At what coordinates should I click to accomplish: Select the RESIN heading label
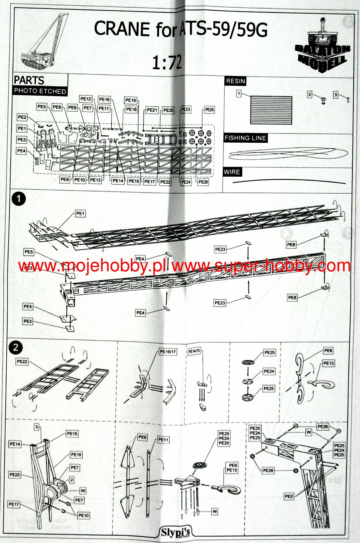click(x=235, y=81)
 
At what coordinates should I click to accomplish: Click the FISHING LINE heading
click(x=245, y=138)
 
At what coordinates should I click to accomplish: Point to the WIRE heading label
click(x=232, y=172)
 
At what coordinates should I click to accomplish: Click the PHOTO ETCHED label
click(x=40, y=91)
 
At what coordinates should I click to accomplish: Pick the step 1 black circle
click(x=19, y=199)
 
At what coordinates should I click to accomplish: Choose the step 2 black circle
click(x=16, y=348)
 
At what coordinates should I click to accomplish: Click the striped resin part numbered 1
click(x=271, y=110)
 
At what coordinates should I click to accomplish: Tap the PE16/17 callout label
click(x=168, y=352)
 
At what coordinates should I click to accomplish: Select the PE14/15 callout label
click(x=194, y=351)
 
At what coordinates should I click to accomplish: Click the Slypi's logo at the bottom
click(x=176, y=532)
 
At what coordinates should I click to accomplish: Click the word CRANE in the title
click(x=122, y=29)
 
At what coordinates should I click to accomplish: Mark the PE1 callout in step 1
click(x=80, y=214)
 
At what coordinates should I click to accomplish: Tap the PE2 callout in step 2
click(x=289, y=496)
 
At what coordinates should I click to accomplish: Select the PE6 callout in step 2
click(x=142, y=437)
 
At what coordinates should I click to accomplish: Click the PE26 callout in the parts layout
click(x=203, y=182)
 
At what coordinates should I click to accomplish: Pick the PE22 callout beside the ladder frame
click(x=22, y=361)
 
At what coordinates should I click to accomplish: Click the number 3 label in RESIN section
click(x=335, y=95)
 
